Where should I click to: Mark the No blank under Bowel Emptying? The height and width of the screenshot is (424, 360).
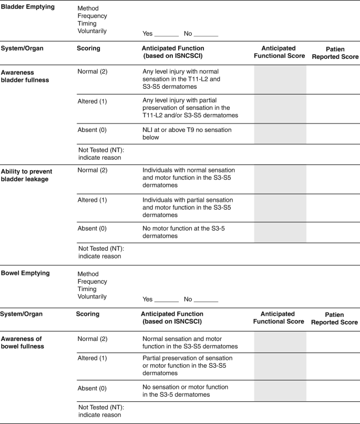tap(207, 299)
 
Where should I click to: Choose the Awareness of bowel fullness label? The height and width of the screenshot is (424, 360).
tap(22, 343)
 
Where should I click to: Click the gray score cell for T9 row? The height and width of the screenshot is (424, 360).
tap(280, 133)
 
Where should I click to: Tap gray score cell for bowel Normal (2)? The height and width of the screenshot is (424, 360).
tap(280, 343)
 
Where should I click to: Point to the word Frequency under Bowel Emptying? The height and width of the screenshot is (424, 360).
tap(92, 282)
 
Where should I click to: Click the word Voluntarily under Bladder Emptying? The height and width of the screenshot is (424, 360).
tap(92, 31)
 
